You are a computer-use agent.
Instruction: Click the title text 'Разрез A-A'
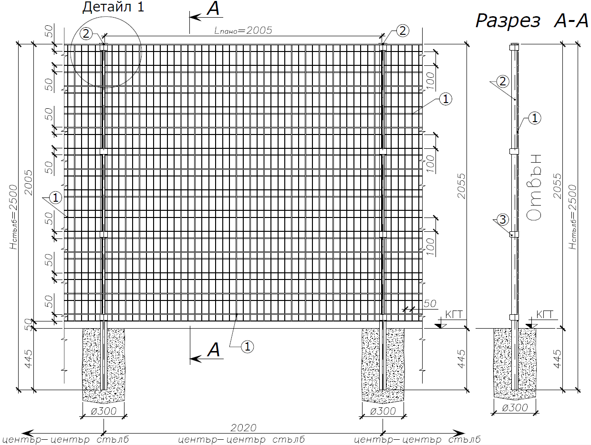[x=531, y=21]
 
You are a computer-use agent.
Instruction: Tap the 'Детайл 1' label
[x=114, y=7]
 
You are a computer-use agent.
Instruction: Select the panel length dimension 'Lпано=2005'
[x=243, y=31]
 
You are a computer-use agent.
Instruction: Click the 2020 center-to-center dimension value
[x=243, y=427]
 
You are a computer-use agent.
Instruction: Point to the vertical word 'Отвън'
[x=533, y=187]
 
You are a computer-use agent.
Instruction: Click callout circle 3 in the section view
[x=503, y=220]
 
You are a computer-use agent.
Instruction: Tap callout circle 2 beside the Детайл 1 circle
[x=86, y=34]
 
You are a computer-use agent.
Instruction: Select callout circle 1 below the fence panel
[x=247, y=346]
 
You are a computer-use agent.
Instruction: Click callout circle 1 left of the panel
[x=55, y=198]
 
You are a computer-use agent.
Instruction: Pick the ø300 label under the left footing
[x=104, y=411]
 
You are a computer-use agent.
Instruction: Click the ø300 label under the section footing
[x=515, y=408]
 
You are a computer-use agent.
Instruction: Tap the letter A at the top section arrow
[x=214, y=9]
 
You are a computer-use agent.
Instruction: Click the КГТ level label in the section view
[x=545, y=314]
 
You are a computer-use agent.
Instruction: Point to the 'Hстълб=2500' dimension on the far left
[x=13, y=217]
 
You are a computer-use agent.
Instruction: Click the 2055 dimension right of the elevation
[x=461, y=186]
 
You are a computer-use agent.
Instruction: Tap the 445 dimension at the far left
[x=28, y=359]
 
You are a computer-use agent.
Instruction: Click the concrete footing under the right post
[x=383, y=365]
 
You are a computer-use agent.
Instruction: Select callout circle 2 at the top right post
[x=403, y=31]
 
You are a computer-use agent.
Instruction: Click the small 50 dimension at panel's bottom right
[x=430, y=304]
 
